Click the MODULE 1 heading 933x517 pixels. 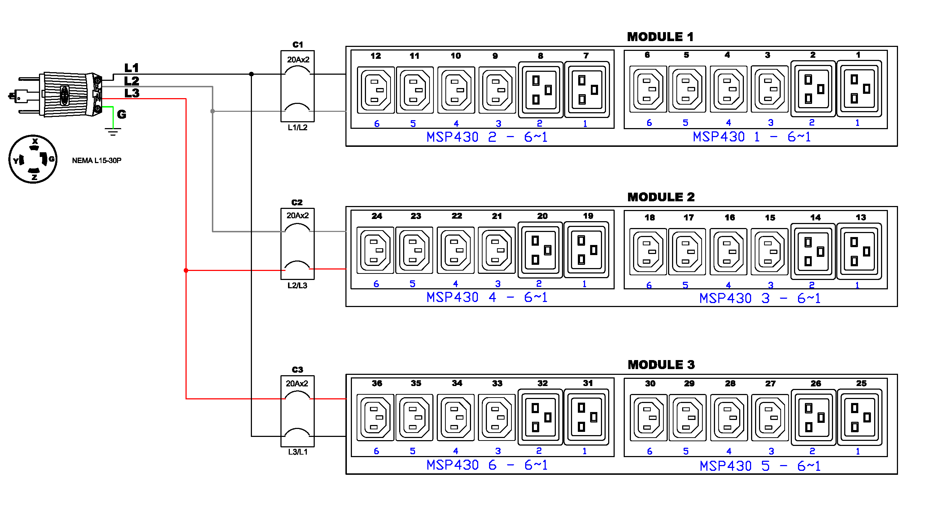[660, 37]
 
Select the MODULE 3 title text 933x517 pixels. [661, 365]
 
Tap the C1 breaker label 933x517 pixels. [297, 44]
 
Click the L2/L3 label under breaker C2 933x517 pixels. [297, 285]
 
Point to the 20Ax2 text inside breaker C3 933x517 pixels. [297, 384]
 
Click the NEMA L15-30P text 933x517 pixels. [96, 161]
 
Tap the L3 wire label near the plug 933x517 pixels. [132, 93]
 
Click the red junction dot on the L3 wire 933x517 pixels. [186, 271]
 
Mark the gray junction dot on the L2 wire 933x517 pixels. [213, 111]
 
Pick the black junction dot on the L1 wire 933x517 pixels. [251, 74]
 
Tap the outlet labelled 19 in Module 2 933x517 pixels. [587, 250]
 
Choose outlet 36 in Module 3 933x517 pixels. [375, 417]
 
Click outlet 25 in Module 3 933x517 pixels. [859, 417]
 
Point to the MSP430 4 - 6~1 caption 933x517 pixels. [487, 297]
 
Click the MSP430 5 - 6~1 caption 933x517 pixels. [760, 466]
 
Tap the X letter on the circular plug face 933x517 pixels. [35, 141]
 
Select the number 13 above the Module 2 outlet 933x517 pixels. [861, 218]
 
